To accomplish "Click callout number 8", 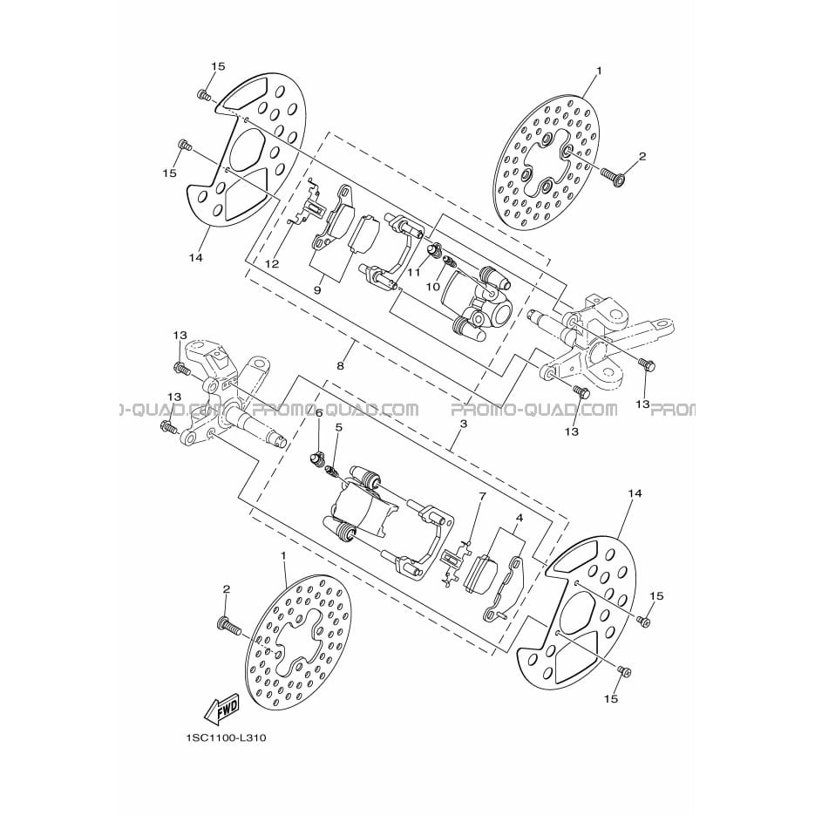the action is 341,366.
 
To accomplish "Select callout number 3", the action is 463,424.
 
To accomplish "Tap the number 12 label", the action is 271,263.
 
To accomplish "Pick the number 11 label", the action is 414,272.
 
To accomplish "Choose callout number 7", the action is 482,496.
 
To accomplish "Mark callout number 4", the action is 519,518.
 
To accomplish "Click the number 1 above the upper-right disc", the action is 598,71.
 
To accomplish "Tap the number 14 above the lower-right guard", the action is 635,492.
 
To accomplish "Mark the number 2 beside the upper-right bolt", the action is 642,156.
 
